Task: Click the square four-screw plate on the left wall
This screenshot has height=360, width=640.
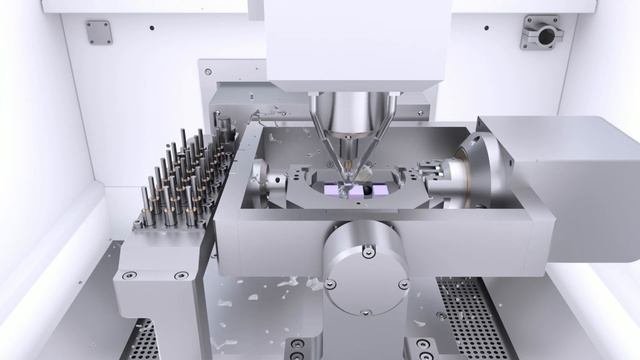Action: (97, 32)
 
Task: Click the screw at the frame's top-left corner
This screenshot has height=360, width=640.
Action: (208, 73)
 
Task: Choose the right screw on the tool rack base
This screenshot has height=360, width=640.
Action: (181, 276)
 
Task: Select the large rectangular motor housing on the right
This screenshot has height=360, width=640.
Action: (565, 190)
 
